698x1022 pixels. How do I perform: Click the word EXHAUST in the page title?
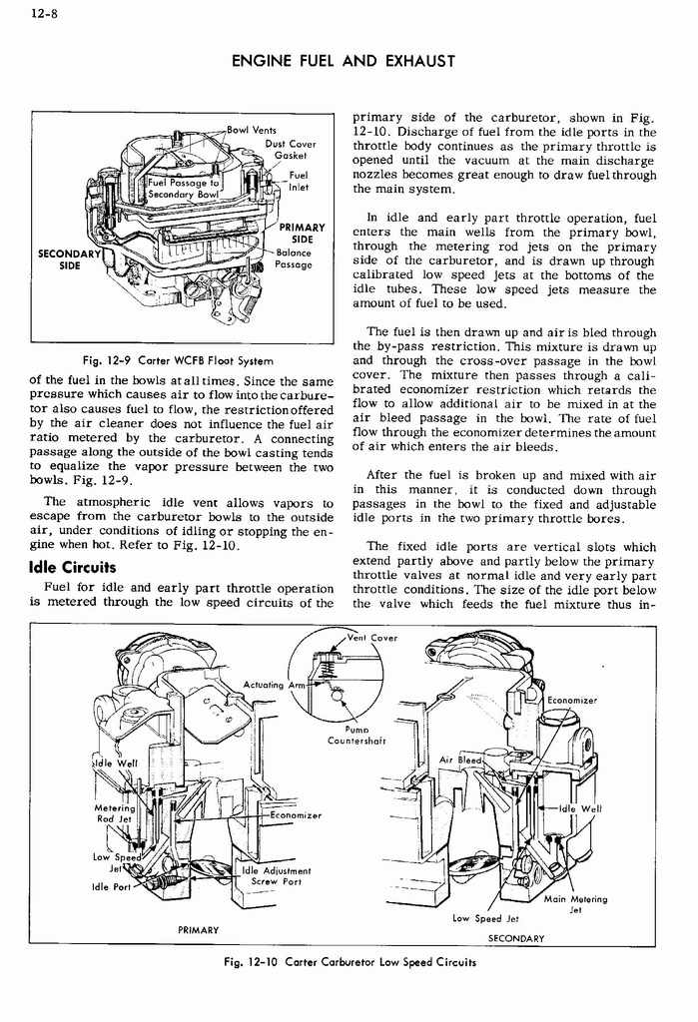point(414,62)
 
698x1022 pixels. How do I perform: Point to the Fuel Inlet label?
point(297,181)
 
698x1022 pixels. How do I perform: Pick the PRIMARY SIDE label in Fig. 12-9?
point(298,234)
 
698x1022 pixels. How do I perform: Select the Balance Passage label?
point(294,259)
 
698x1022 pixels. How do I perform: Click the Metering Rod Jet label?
point(113,813)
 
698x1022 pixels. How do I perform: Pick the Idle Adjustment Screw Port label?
point(277,875)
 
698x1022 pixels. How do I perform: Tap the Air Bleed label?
point(461,761)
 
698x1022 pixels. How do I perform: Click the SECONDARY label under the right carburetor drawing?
point(515,938)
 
